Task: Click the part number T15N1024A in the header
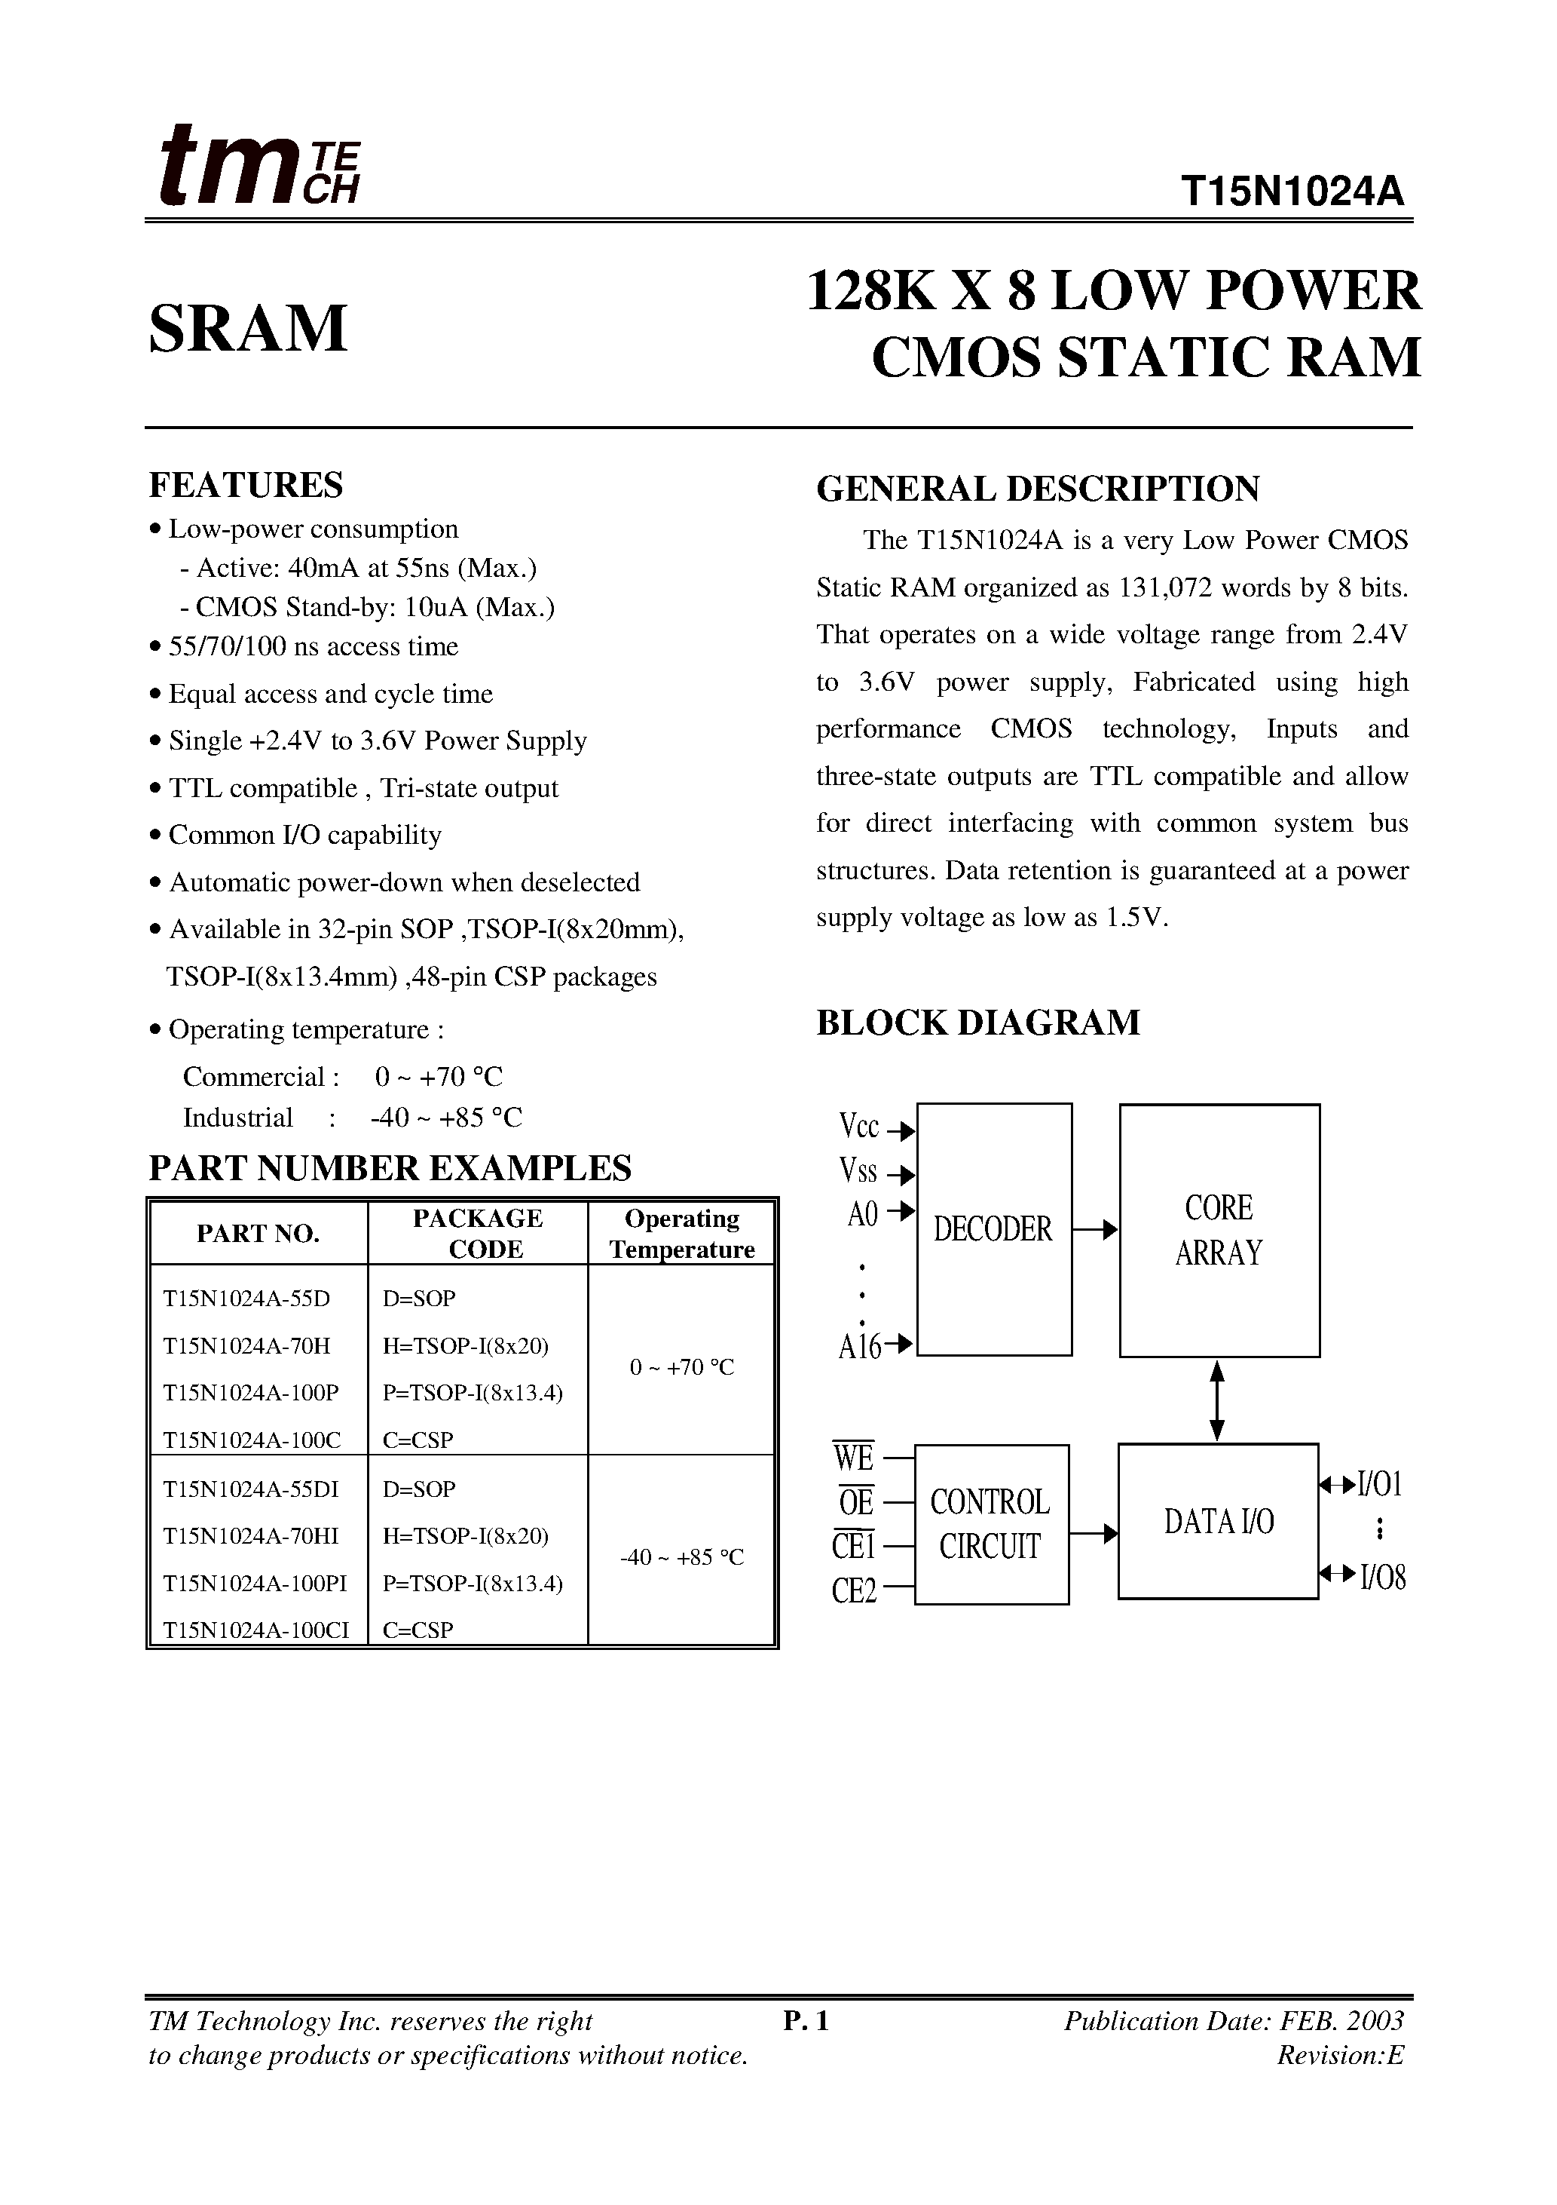(x=1292, y=193)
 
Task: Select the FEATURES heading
(x=246, y=485)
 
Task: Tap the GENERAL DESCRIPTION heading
(x=1038, y=489)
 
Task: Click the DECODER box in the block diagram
(x=993, y=1229)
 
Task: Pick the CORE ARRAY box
(x=1219, y=1230)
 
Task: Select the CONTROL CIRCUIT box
(x=990, y=1524)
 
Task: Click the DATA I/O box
(x=1218, y=1521)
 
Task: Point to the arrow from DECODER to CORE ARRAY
(x=1095, y=1229)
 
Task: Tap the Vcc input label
(x=859, y=1126)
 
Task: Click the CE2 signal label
(x=855, y=1590)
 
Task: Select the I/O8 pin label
(x=1382, y=1577)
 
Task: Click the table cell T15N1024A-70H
(x=246, y=1345)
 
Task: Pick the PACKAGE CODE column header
(x=478, y=1233)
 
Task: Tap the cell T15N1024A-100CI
(x=256, y=1630)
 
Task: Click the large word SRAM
(x=248, y=329)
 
